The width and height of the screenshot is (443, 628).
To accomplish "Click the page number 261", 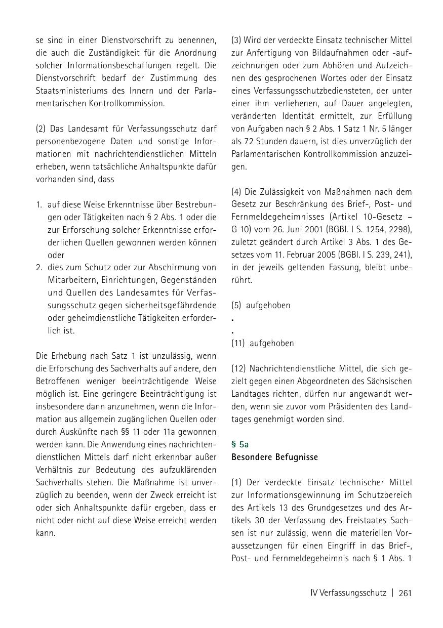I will (405, 593).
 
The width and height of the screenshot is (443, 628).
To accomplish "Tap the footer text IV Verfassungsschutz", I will (348, 593).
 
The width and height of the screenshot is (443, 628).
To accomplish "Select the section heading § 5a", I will (240, 444).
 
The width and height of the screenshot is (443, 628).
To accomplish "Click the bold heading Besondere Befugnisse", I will (274, 457).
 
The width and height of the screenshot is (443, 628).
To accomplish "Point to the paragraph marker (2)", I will (41, 129).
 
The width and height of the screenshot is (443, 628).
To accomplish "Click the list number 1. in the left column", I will (39, 204).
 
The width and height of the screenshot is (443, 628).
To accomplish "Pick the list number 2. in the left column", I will (39, 267).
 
